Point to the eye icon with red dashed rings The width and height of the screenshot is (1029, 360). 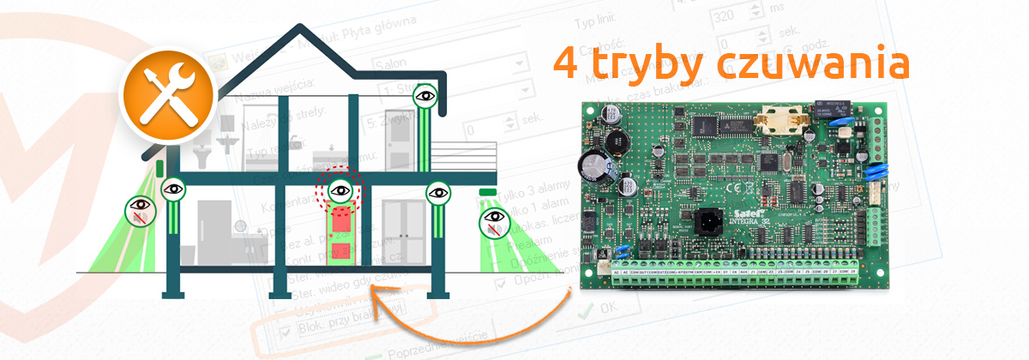click(x=340, y=190)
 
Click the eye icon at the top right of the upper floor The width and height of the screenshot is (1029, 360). click(x=424, y=95)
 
